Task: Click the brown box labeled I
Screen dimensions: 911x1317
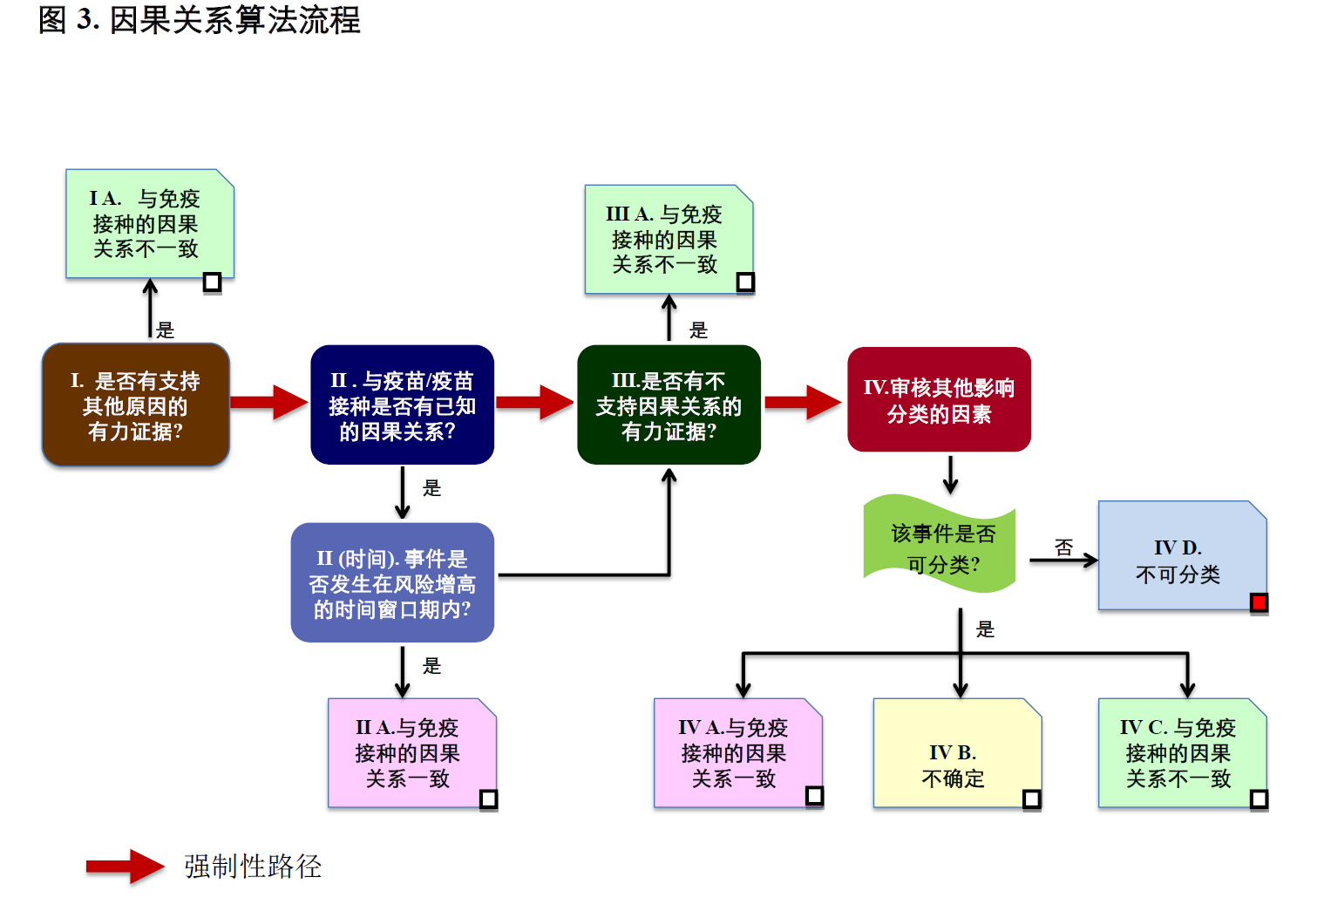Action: [x=136, y=405]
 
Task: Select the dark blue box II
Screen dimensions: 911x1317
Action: [x=402, y=405]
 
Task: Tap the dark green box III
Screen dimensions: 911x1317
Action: [x=669, y=405]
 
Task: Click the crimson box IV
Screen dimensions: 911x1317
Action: [x=939, y=400]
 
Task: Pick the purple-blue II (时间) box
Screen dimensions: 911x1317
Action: [x=392, y=583]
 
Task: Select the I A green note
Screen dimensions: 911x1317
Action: [x=149, y=224]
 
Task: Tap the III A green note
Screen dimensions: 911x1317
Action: [x=668, y=239]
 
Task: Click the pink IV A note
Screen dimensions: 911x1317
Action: [x=737, y=753]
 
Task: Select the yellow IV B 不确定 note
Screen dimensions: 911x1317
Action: [x=956, y=753]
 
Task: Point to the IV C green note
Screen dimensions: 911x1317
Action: [x=1181, y=753]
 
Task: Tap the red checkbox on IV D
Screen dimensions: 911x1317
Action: [x=1259, y=602]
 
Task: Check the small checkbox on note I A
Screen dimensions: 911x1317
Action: [x=212, y=282]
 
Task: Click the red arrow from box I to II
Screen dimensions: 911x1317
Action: [x=269, y=402]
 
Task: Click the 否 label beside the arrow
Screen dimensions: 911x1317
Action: [x=1063, y=547]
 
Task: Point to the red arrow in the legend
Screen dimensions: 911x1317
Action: [x=125, y=867]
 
